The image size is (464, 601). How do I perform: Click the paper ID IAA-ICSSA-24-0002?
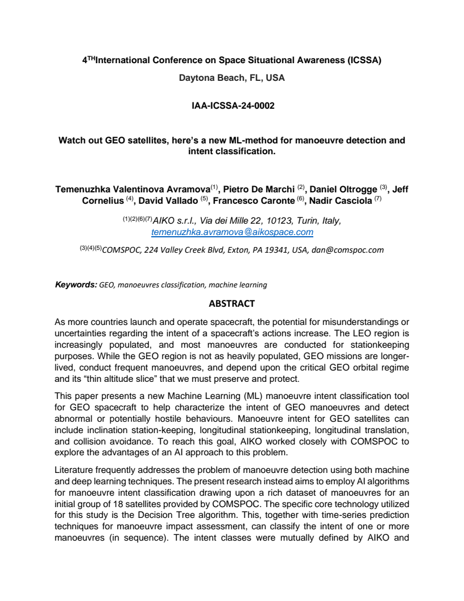pyautogui.click(x=232, y=105)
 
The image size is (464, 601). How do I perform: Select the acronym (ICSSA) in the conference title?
pyautogui.click(x=360, y=60)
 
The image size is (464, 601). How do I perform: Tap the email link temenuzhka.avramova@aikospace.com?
pyautogui.click(x=232, y=232)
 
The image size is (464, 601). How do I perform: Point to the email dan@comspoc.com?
pyautogui.click(x=347, y=249)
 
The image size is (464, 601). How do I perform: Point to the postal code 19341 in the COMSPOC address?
pyautogui.click(x=258, y=249)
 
